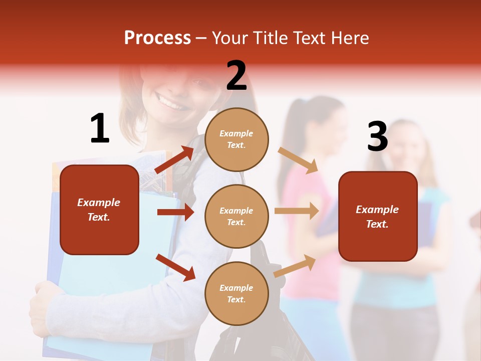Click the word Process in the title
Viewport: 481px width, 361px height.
pos(157,38)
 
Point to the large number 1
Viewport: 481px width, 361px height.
pos(100,128)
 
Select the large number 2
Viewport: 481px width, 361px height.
pos(236,76)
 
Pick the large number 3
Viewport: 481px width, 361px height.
pos(377,137)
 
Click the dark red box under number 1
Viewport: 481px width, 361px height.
pos(99,210)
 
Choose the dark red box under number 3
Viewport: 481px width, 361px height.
pos(378,217)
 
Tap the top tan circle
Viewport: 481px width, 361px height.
pos(236,139)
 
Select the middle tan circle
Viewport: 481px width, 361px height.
pos(236,217)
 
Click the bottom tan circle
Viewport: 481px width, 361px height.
pos(236,293)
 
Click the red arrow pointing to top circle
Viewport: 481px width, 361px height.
pos(174,160)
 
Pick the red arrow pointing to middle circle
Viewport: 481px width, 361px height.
pos(175,212)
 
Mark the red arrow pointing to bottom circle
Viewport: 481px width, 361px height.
pos(175,267)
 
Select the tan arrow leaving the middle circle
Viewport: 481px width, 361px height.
pos(297,211)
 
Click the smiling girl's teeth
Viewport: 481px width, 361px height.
pos(172,104)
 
